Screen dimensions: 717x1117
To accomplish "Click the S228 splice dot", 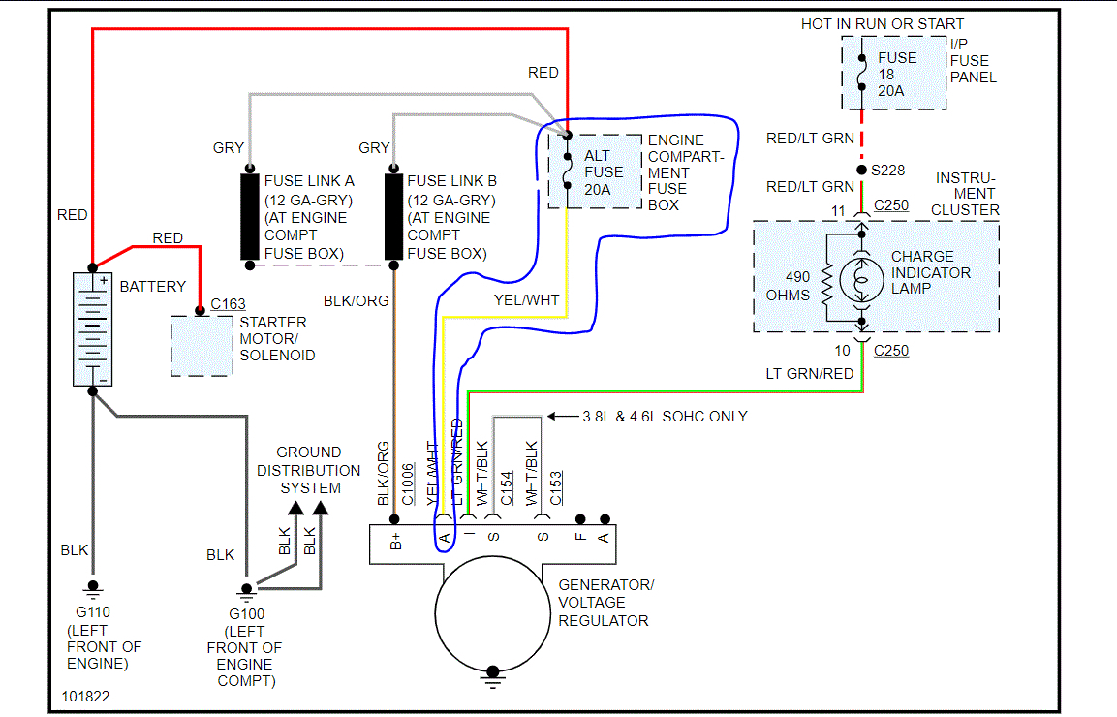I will [x=861, y=170].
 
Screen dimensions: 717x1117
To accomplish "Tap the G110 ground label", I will [x=93, y=611].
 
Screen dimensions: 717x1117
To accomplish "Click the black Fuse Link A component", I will [x=250, y=217].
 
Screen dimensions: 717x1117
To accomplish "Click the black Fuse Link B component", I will [x=393, y=217].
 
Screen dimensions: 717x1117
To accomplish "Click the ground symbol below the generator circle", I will [x=493, y=675].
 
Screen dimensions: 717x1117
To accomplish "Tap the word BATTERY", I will [x=152, y=287].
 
